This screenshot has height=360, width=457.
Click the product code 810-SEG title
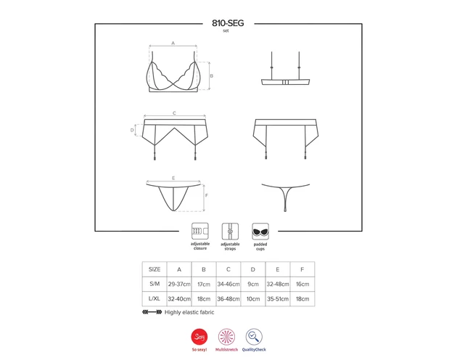tap(228, 23)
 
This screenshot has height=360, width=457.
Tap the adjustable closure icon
tap(200, 232)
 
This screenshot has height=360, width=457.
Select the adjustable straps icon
tap(230, 232)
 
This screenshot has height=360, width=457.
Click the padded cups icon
tap(260, 232)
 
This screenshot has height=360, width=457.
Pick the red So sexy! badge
tap(199, 337)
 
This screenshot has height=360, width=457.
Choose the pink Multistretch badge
tap(226, 337)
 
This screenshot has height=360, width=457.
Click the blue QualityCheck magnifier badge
tap(254, 337)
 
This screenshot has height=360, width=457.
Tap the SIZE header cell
tap(155, 269)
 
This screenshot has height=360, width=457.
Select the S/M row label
tap(155, 284)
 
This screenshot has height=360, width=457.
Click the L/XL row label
tap(155, 299)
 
